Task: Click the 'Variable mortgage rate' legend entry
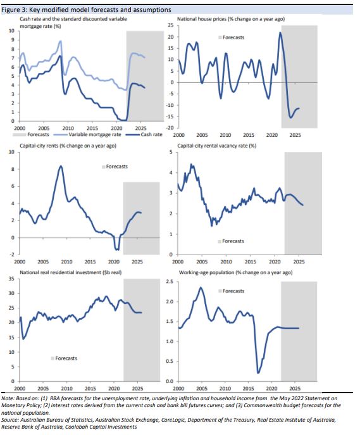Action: pyautogui.click(x=95, y=134)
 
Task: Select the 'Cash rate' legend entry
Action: pyautogui.click(x=151, y=134)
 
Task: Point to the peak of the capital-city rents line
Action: pyautogui.click(x=61, y=166)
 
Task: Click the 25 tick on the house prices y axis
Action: pyautogui.click(x=171, y=25)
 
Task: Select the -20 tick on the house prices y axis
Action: pyautogui.click(x=170, y=128)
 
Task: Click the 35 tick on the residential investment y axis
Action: pyautogui.click(x=11, y=279)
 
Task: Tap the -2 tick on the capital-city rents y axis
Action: pyautogui.click(x=13, y=255)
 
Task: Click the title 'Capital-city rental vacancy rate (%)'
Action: pyautogui.click(x=217, y=146)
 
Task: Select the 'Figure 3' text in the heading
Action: pyautogui.click(x=13, y=10)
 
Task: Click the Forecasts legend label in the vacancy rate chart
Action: pyautogui.click(x=233, y=241)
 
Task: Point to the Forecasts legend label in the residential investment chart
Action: pyautogui.click(x=66, y=358)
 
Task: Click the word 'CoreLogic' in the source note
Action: pyautogui.click(x=173, y=420)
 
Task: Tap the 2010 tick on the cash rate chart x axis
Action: pyautogui.click(x=68, y=128)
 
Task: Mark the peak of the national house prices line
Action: pyautogui.click(x=280, y=32)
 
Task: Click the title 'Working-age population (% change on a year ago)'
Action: pyautogui.click(x=235, y=272)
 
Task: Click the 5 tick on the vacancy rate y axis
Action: pyautogui.click(x=171, y=152)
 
